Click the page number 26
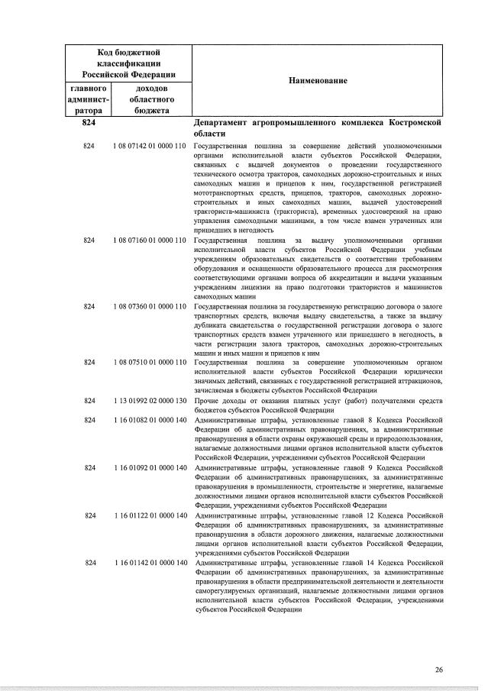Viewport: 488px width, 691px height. tap(438, 670)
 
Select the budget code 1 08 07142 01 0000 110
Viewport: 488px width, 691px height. tap(150, 145)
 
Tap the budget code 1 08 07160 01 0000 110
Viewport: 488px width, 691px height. tap(150, 241)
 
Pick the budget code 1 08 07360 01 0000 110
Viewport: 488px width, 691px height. tap(150, 306)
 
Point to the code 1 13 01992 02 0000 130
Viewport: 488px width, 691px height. tap(150, 399)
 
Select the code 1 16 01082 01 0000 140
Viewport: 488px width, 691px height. tap(150, 419)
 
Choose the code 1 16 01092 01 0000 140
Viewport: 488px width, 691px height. tap(150, 467)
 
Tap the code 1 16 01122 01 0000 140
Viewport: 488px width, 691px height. tap(150, 515)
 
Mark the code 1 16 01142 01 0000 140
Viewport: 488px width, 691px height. tap(150, 563)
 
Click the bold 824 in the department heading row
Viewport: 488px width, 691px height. tap(89, 122)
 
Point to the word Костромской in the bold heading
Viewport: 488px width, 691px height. tap(415, 122)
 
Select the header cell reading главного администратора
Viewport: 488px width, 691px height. tap(89, 99)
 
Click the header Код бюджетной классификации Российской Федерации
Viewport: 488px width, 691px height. tap(129, 63)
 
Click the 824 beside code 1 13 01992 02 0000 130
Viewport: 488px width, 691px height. tap(89, 399)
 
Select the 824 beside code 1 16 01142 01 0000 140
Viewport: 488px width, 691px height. tap(89, 563)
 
